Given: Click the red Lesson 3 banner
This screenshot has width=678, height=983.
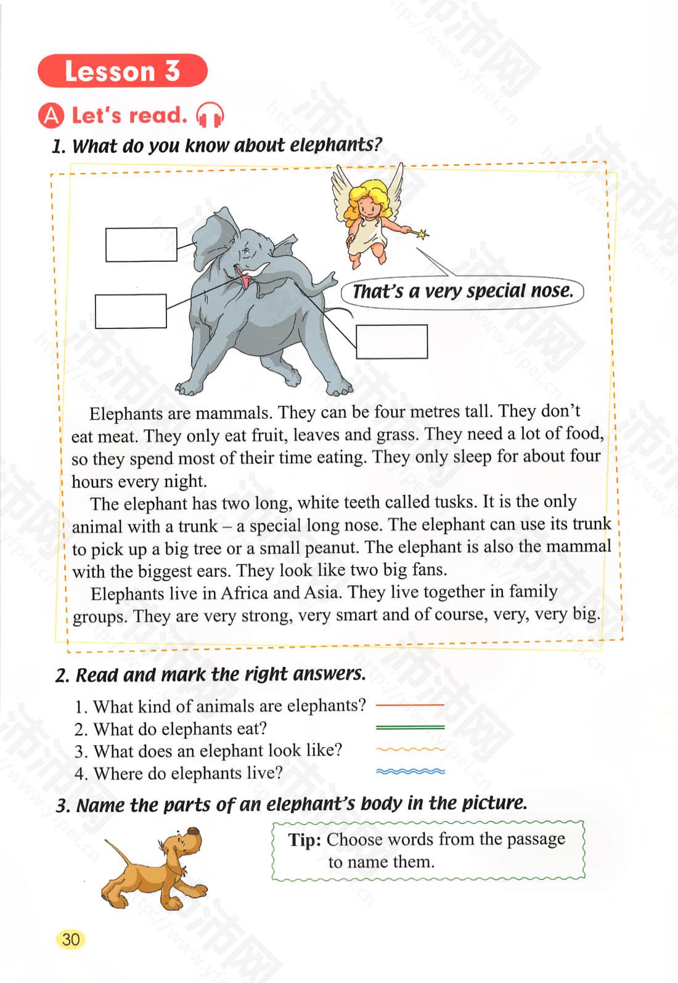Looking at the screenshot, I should [122, 71].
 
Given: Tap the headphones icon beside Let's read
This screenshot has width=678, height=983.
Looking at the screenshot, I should [209, 115].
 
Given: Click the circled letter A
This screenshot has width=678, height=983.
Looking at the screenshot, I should [51, 116].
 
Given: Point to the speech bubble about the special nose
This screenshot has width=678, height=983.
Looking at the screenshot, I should [462, 291].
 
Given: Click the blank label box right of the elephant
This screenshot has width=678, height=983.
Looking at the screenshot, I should [391, 341].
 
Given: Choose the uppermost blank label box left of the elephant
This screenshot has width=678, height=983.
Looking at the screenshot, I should [141, 245].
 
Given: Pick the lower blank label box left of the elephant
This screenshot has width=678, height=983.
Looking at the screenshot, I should [131, 311].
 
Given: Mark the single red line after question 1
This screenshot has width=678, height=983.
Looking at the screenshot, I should [410, 704].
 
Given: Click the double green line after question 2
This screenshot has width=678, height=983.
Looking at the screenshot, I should [410, 727].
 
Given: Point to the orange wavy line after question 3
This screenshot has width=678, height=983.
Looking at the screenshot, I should [410, 749].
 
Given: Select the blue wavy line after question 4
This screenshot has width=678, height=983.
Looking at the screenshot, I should [410, 772].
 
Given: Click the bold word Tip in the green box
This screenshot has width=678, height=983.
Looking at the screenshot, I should [304, 840].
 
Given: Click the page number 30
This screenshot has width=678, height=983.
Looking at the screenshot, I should [71, 939].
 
